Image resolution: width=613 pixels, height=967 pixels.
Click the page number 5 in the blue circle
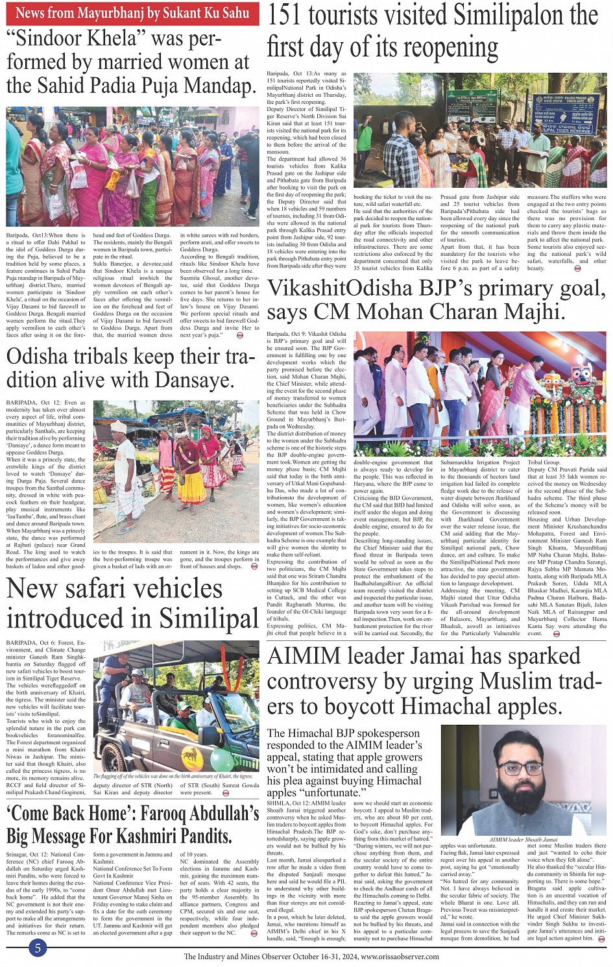(x=38, y=948)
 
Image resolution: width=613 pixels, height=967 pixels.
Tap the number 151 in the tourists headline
(x=289, y=16)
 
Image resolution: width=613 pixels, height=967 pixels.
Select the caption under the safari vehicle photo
(x=173, y=776)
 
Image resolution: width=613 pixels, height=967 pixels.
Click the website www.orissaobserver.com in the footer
(x=400, y=957)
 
